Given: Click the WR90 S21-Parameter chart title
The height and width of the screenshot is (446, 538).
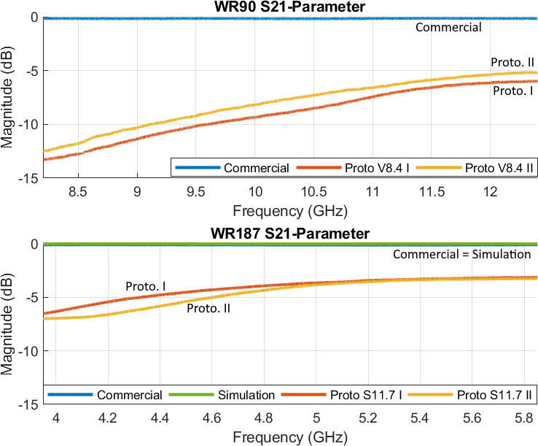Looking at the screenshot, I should pos(290,7).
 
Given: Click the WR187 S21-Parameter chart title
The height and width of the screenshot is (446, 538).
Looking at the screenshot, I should pos(290,234).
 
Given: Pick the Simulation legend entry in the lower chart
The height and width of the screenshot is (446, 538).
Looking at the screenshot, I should pos(246,395).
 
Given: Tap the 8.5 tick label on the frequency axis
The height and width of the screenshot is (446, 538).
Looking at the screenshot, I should pos(77,191).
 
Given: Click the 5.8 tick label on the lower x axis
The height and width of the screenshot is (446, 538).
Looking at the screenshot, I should pos(523,418).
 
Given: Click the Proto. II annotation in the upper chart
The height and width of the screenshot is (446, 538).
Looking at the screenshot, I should pos(512,62).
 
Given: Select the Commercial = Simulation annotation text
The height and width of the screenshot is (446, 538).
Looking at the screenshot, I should pos(462,255).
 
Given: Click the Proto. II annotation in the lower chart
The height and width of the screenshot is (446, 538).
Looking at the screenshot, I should pos(208,309).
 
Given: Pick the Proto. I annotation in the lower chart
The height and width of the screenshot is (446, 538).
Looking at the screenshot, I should pos(146,285).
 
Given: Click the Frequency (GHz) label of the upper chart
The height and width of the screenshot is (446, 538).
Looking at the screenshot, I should pos(289,212).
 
